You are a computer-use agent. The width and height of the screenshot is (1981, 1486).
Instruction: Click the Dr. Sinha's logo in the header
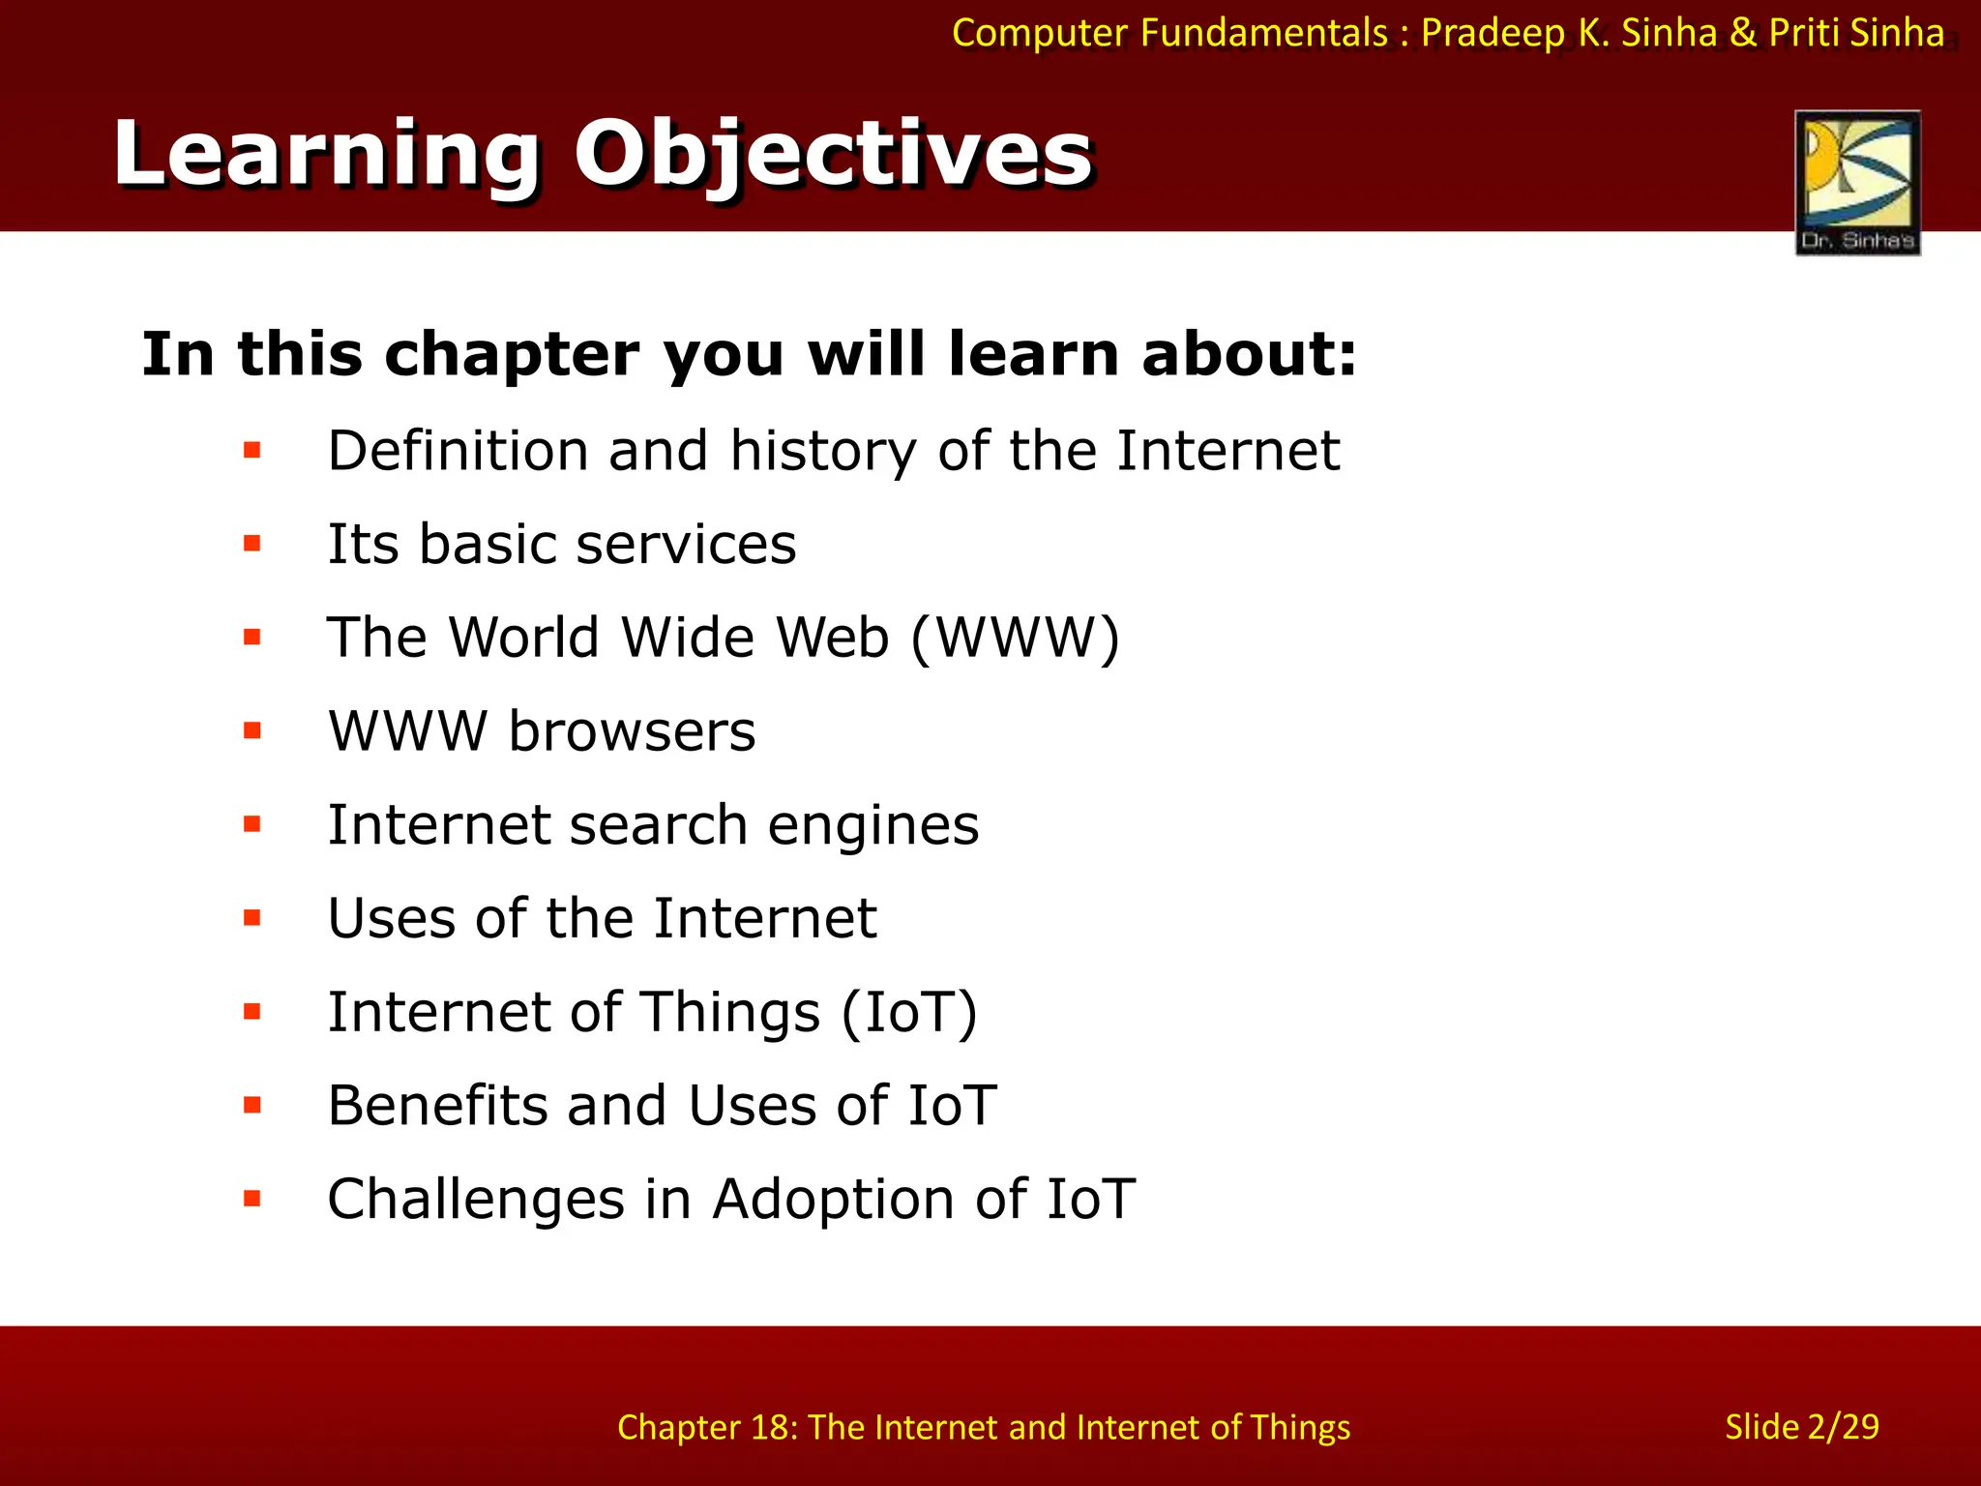click(1857, 182)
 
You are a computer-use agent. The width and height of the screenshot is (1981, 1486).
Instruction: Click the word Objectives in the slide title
click(833, 155)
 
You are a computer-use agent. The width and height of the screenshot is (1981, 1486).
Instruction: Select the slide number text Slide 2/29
click(1801, 1427)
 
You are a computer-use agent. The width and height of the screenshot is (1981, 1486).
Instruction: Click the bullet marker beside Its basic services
click(252, 544)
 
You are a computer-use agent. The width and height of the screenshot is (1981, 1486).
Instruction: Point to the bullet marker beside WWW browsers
click(252, 730)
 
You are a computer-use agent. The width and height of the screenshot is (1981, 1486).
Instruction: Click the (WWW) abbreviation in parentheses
click(1015, 639)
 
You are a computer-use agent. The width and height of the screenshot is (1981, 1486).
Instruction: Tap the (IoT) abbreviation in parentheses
click(909, 1013)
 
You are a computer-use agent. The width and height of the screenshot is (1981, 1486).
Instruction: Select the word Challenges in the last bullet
click(476, 1200)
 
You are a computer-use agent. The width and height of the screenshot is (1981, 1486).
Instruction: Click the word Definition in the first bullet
click(458, 452)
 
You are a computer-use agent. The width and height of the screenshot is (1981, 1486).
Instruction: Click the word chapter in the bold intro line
click(512, 354)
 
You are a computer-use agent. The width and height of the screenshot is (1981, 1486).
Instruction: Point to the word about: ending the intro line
click(1249, 354)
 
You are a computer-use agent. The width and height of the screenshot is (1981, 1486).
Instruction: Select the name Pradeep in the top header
click(1492, 34)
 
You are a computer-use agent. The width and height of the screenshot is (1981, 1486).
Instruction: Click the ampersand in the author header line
click(1743, 34)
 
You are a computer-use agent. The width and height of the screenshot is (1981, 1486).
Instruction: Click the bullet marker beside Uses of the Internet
click(252, 918)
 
